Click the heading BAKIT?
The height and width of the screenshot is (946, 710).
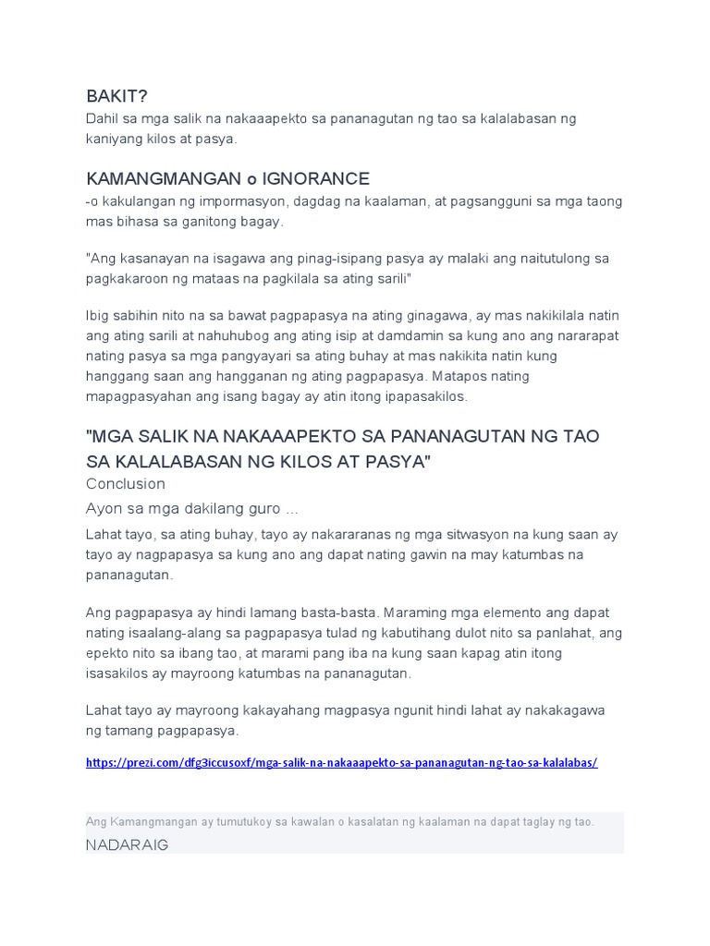coord(116,96)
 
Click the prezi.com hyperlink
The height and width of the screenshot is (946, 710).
coord(342,763)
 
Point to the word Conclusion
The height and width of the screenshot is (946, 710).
coord(126,483)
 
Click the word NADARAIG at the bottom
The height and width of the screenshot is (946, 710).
coord(127,845)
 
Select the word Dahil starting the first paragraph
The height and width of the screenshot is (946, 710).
coord(104,119)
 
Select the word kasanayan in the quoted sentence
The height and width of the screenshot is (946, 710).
coord(152,258)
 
